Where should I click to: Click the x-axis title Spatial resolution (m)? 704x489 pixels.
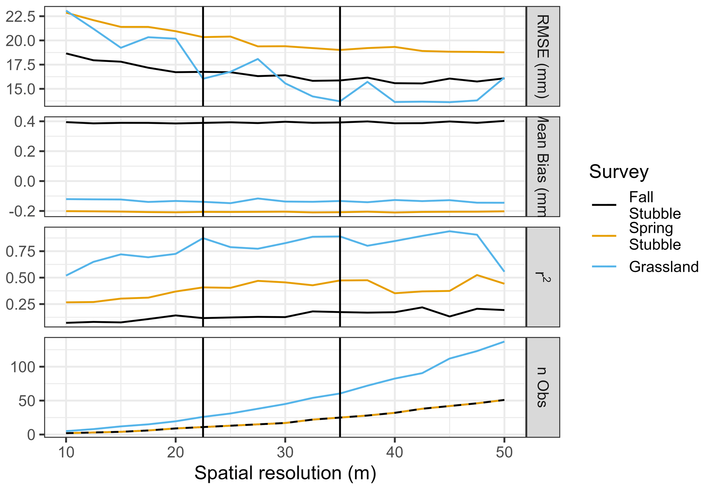285,473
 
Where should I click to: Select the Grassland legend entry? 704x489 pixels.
663,267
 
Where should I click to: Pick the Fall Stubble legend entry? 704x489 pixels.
654,205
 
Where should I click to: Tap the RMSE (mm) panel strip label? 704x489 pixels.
543,56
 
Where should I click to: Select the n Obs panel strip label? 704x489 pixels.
543,388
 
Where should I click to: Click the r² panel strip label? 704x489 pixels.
543,277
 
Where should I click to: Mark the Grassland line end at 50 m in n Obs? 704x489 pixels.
504,342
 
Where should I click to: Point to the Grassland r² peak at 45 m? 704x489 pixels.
449,231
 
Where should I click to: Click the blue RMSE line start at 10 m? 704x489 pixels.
66,11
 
